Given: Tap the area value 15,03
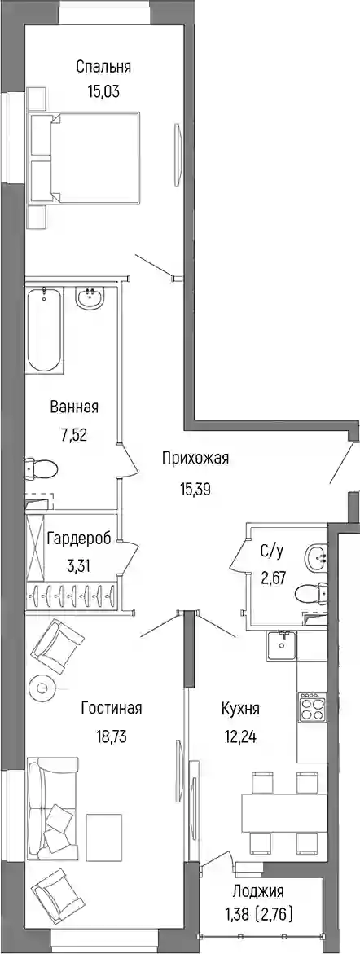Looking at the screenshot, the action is (103, 92).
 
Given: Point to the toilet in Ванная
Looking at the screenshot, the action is (42, 468).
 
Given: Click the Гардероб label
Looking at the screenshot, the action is (78, 539).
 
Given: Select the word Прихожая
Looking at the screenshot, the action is (195, 459).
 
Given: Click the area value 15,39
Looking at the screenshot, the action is (195, 490).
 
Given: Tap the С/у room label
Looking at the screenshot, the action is (271, 552).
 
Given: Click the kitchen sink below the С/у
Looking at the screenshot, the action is (281, 645).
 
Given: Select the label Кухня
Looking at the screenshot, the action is (241, 709).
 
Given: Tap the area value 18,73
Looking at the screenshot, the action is (112, 737).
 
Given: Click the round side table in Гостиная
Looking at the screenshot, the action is (42, 688).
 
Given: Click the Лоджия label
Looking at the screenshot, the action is (258, 892).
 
